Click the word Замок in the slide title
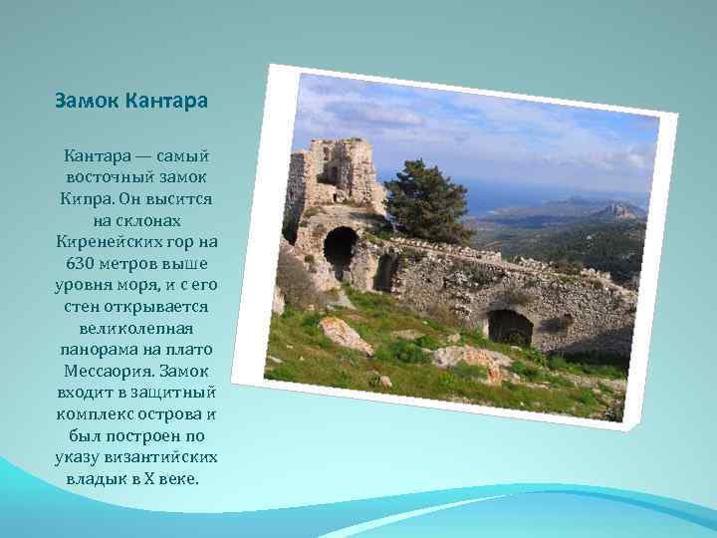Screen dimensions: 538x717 tap(87, 101)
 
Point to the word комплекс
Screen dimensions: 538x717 tap(93, 413)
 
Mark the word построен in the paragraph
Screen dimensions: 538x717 tap(145, 434)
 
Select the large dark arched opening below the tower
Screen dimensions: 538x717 tap(340, 249)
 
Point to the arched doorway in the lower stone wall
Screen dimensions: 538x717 tap(509, 325)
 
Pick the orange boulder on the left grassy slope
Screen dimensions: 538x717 tap(344, 334)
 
